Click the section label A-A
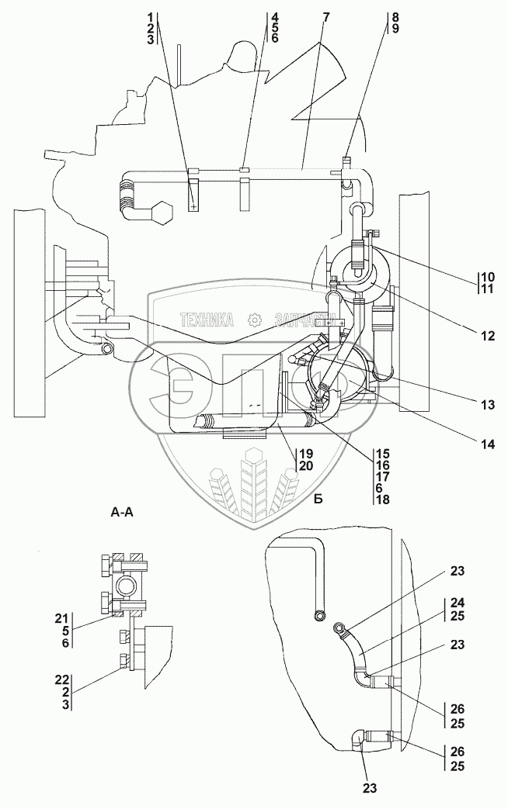124,513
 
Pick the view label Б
318,500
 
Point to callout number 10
486,277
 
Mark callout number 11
486,289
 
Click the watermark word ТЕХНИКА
207,319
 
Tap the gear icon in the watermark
253,319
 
